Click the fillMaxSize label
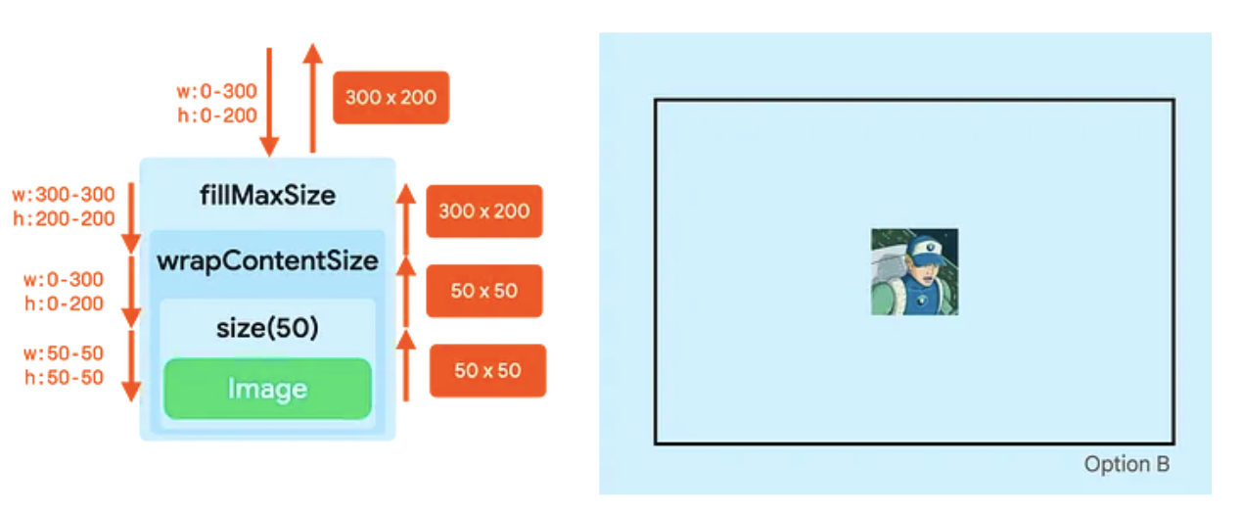pos(267,195)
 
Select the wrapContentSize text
pos(267,261)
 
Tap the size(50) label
pos(267,328)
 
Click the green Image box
pos(267,389)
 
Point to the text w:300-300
pos(64,194)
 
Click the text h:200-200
pos(64,218)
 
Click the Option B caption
pos(1126,464)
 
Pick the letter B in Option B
pos(1161,464)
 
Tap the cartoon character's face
pos(922,270)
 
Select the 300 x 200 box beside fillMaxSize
pos(483,210)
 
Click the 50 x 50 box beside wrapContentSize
pos(483,291)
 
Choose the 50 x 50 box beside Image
pos(487,370)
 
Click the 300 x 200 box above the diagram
pos(391,97)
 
